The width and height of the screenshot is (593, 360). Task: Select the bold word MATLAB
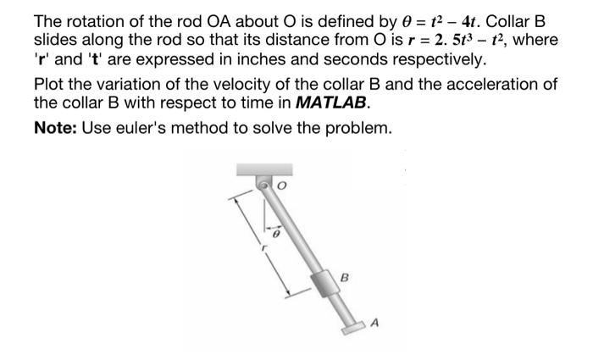[x=332, y=103]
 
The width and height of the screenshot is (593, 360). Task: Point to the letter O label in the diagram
[x=285, y=183]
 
